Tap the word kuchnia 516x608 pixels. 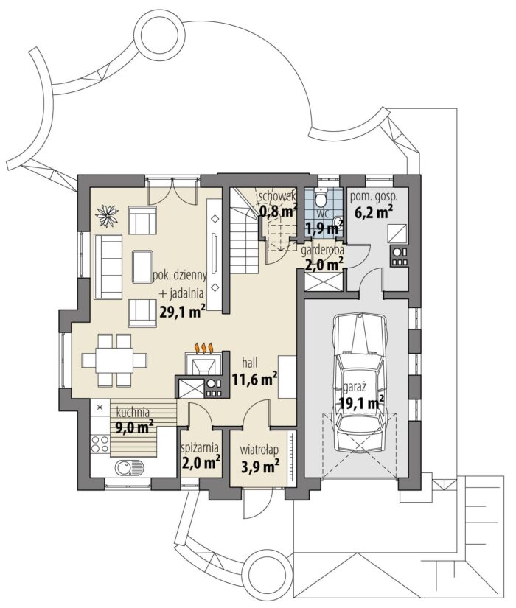[x=133, y=411]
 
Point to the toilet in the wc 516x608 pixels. [x=321, y=197]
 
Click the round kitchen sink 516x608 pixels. [x=124, y=468]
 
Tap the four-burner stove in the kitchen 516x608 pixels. [x=100, y=444]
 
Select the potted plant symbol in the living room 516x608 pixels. [x=107, y=215]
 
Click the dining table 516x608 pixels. [x=114, y=360]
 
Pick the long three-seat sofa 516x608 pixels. [x=108, y=267]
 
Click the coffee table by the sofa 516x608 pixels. [x=143, y=267]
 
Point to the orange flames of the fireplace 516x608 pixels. [x=203, y=348]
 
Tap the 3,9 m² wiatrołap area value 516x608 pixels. [x=260, y=467]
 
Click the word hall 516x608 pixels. [x=249, y=363]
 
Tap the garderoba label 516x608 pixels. [x=322, y=251]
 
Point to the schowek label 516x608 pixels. [x=277, y=196]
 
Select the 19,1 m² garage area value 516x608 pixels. [x=361, y=403]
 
